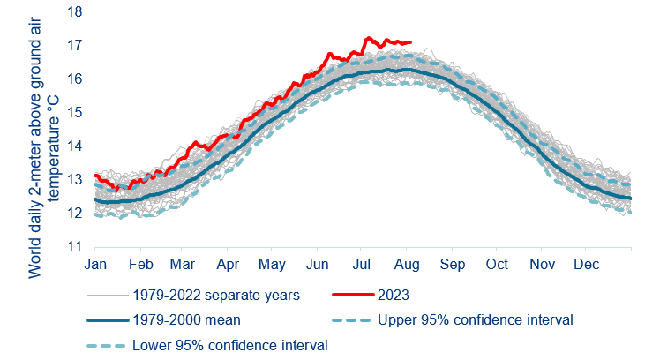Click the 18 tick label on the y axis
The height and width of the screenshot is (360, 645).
pos(74,12)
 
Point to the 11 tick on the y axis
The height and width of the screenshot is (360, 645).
pos(74,247)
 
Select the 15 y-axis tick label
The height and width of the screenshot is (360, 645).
pos(74,113)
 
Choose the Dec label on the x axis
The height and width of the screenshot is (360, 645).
pos(587,264)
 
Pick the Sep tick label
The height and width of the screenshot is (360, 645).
pos(454,264)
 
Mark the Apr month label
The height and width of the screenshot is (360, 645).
pos(229,264)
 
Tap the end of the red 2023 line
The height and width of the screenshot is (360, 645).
pos(410,41)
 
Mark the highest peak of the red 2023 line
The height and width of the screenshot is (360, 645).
pos(369,37)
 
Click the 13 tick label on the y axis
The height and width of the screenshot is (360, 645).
pos(74,180)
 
